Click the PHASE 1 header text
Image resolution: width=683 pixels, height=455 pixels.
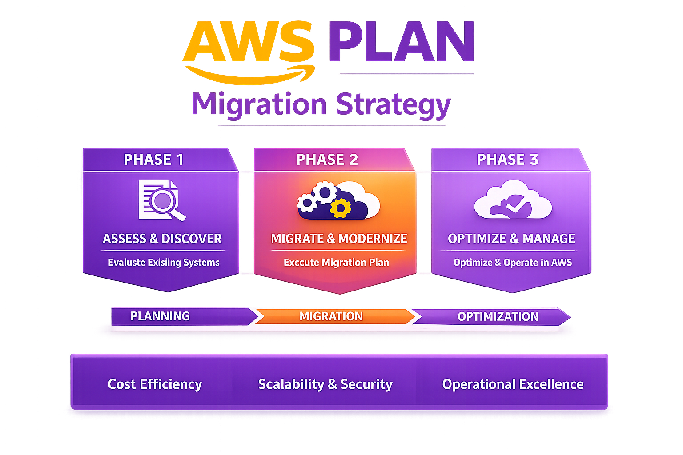(x=153, y=160)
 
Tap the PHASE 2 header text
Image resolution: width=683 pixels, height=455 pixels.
(x=327, y=160)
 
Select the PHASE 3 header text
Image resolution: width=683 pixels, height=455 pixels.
(x=507, y=160)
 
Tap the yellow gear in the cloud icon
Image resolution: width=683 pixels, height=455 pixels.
(x=341, y=208)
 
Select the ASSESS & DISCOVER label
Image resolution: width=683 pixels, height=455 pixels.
(x=162, y=239)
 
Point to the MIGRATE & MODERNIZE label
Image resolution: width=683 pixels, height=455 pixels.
(x=339, y=239)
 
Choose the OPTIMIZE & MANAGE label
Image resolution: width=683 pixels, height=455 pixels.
(x=511, y=239)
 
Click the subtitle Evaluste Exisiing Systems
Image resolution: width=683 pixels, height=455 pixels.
(x=164, y=263)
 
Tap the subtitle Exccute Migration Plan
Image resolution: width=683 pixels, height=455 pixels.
(x=336, y=263)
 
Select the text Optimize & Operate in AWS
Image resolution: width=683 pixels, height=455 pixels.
(x=513, y=263)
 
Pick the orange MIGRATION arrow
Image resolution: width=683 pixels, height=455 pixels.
(x=331, y=316)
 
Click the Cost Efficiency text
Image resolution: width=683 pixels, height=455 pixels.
(x=155, y=384)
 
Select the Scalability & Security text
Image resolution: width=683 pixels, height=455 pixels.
(x=325, y=384)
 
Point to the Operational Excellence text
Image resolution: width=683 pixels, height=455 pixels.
(x=513, y=384)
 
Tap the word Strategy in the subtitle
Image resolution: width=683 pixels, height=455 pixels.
(x=393, y=105)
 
